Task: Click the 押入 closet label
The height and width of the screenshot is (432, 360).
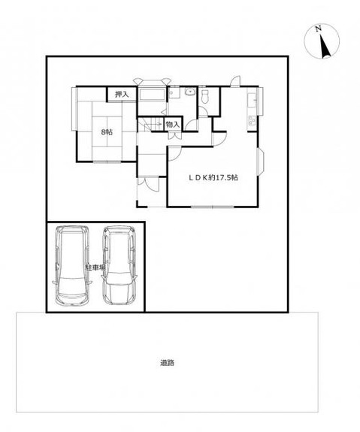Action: [x=122, y=95]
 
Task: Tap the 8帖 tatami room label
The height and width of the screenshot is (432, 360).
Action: [x=107, y=132]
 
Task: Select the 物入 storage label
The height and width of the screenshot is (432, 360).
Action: [x=173, y=125]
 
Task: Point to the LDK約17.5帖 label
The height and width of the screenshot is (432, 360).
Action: [x=213, y=178]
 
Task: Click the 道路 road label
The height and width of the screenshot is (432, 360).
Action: [x=167, y=363]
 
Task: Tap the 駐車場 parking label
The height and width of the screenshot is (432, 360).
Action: [x=95, y=267]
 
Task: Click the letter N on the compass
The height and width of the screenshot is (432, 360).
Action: [x=319, y=28]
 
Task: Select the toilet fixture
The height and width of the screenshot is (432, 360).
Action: [x=205, y=97]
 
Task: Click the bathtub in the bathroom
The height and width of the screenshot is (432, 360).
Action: [x=152, y=95]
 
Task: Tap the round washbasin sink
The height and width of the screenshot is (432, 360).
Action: [x=189, y=92]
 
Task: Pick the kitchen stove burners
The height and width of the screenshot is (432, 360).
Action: [x=252, y=120]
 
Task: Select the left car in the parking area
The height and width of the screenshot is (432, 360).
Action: [x=72, y=266]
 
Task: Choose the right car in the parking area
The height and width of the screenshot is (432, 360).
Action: [x=119, y=266]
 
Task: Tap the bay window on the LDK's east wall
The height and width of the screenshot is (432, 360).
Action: [x=261, y=162]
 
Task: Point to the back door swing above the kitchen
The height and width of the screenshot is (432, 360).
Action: [x=235, y=81]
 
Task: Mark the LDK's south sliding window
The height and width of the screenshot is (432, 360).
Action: [x=213, y=207]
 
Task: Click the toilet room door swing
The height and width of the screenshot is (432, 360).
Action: [x=203, y=112]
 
